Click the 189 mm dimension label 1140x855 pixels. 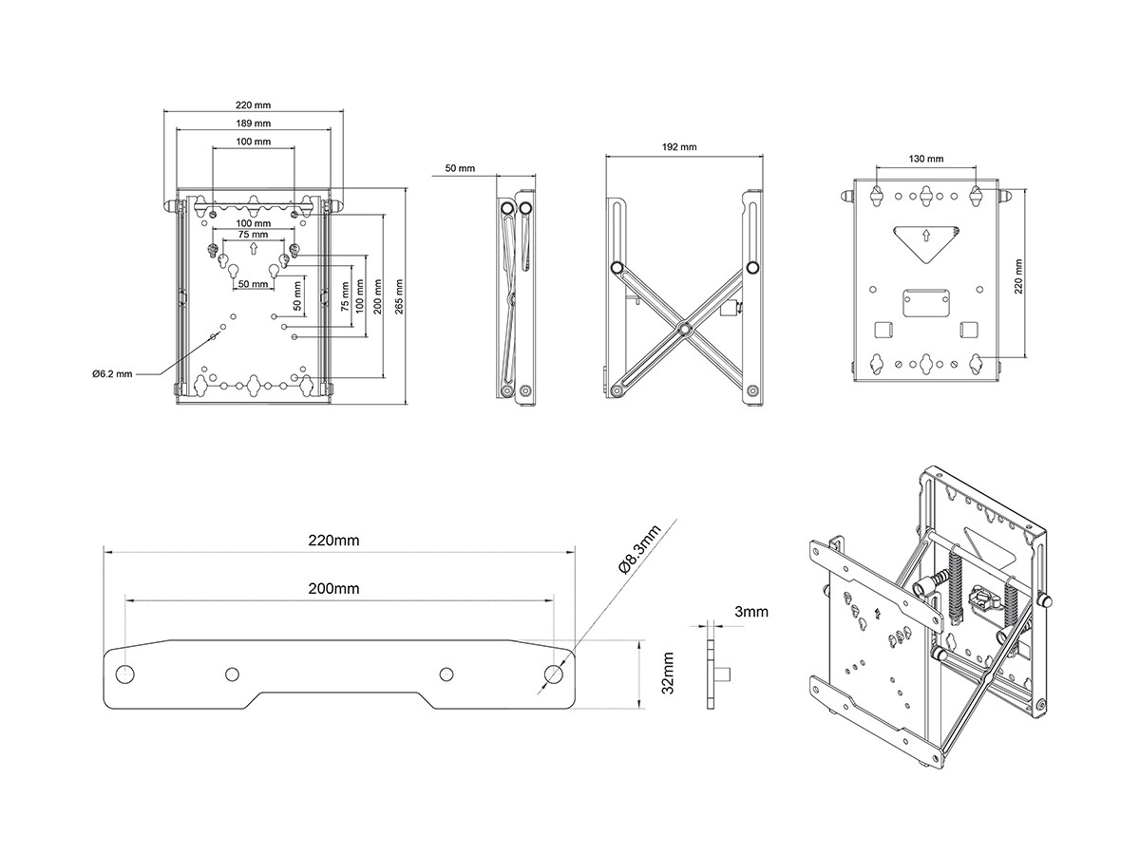click(253, 123)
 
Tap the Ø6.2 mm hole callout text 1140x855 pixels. click(112, 374)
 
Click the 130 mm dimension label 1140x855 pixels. click(926, 159)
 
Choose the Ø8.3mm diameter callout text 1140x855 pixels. click(639, 549)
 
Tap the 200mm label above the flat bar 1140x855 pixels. click(333, 589)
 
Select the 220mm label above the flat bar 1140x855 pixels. click(333, 541)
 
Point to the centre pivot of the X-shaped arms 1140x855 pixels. click(683, 329)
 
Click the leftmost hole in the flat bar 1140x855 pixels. click(125, 674)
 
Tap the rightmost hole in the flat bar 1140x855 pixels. click(553, 674)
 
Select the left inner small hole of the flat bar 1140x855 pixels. click(232, 674)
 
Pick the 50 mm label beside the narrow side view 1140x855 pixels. click(460, 168)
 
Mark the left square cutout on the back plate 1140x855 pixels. click(883, 330)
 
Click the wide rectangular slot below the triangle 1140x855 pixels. click(926, 300)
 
